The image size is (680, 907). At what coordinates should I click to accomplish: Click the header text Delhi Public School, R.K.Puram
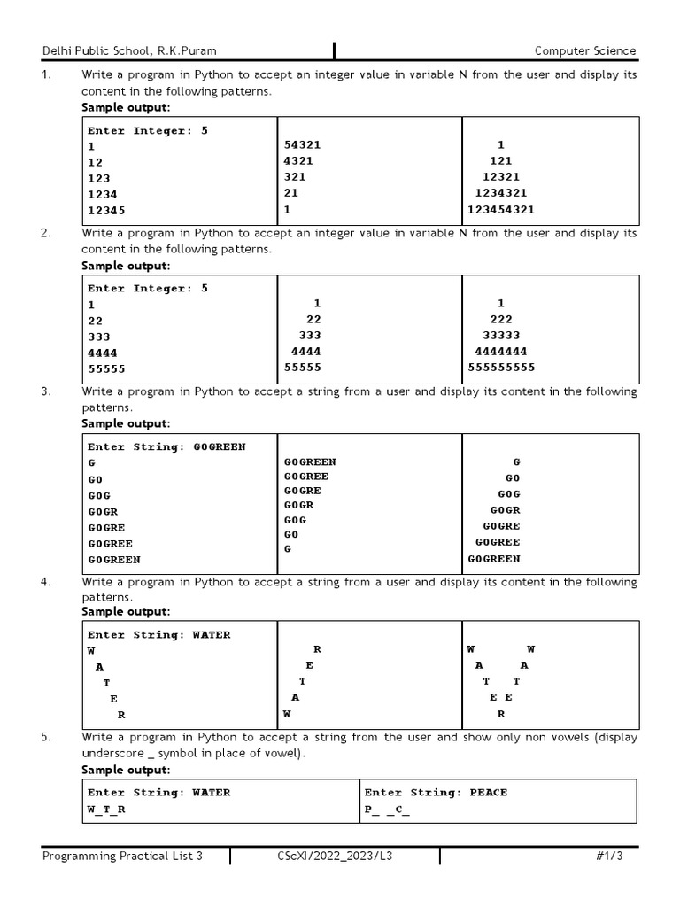[x=129, y=51]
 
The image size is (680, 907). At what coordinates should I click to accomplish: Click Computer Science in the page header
[x=585, y=51]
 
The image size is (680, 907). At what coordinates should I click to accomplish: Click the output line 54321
[x=303, y=144]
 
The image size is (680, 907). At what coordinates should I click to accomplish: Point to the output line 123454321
[x=501, y=210]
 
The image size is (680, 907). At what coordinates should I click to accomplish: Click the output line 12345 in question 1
[x=106, y=210]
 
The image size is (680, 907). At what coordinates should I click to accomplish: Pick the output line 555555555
[x=501, y=368]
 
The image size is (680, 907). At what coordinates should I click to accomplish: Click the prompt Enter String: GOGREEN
[x=166, y=447]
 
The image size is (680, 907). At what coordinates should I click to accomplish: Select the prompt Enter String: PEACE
[x=436, y=793]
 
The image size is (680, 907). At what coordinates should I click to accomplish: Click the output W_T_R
[x=106, y=810]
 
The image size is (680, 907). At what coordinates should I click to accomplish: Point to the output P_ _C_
[x=387, y=810]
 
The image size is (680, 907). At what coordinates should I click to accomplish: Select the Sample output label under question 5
[x=126, y=769]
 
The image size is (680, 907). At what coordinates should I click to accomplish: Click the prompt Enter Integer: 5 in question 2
[x=148, y=289]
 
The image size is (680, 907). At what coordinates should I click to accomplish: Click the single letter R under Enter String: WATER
[x=121, y=715]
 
